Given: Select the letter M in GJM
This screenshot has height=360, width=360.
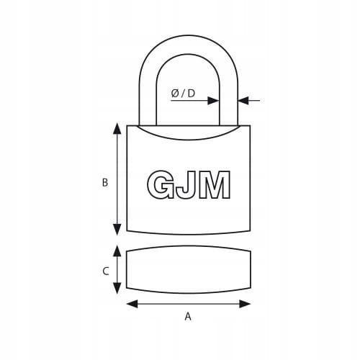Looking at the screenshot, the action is [x=215, y=184].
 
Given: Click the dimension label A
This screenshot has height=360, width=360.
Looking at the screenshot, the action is [x=188, y=317].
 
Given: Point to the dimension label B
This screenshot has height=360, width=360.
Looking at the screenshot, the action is [x=105, y=183].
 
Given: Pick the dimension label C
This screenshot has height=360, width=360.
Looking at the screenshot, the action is [x=106, y=271].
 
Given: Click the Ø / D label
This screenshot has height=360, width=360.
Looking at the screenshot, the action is [x=183, y=93].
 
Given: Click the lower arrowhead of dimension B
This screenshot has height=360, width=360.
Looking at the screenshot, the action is [x=117, y=230].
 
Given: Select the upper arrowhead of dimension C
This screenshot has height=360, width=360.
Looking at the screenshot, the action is [x=117, y=251].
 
